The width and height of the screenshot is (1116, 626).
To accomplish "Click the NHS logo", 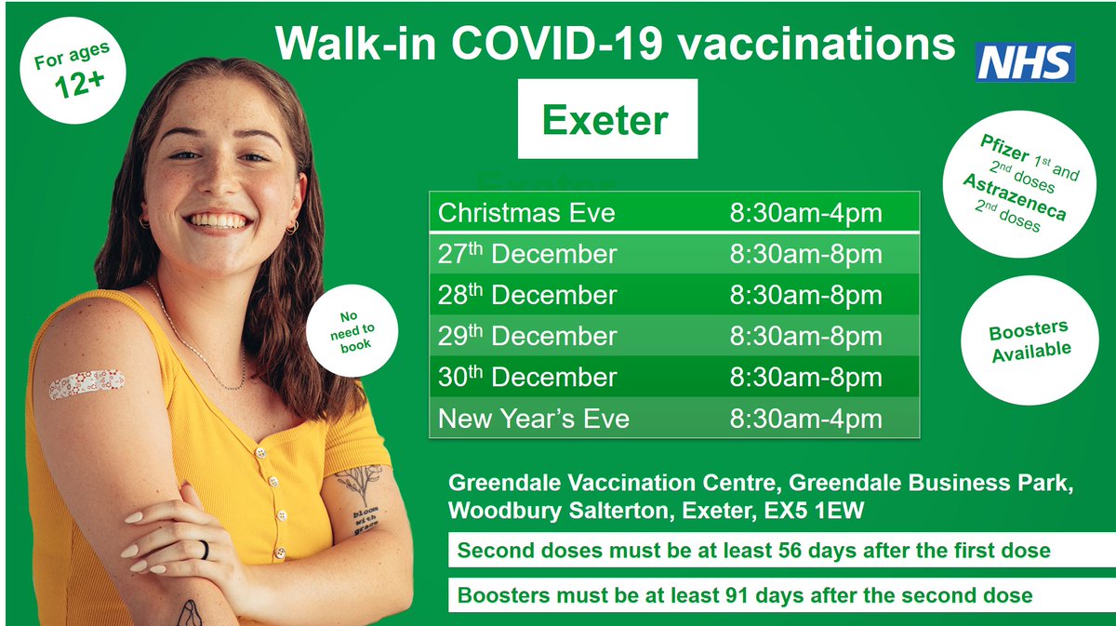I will click(x=1026, y=62).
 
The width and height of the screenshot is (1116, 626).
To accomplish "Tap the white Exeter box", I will click(x=606, y=119).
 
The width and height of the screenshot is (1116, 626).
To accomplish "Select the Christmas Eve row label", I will click(x=526, y=213).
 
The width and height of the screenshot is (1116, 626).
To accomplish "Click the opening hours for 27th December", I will click(x=805, y=254).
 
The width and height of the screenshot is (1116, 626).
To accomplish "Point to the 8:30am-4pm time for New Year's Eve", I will click(x=805, y=419).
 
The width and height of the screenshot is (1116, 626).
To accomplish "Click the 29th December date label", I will click(x=526, y=336).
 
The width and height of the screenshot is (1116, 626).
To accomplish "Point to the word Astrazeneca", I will click(x=1014, y=198).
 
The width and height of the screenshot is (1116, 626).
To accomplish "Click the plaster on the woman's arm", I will click(x=86, y=383).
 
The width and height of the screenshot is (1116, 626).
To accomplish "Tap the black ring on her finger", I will click(x=205, y=550).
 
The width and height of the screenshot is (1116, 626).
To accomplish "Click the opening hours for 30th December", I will click(x=805, y=377).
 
